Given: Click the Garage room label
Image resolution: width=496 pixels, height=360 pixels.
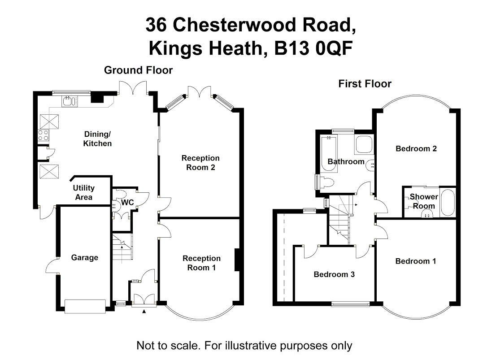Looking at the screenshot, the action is (x=84, y=257).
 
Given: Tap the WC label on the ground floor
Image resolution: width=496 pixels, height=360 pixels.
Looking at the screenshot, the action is (x=127, y=203).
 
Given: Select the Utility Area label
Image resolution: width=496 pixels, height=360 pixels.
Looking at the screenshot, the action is (x=84, y=192).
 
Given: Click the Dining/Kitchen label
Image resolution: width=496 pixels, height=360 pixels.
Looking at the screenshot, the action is (x=97, y=139).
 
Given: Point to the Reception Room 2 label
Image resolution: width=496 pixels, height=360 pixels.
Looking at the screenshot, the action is (x=200, y=163).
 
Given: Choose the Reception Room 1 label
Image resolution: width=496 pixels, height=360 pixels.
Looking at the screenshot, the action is (x=201, y=263).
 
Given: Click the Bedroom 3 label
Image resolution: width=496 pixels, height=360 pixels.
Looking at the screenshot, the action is (x=334, y=274).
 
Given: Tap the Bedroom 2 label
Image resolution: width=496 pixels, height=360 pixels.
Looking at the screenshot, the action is (x=416, y=148).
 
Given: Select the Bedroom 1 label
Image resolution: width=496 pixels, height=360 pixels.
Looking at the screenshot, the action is (x=416, y=261).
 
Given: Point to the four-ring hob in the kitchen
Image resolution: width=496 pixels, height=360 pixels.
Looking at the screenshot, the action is (x=44, y=135).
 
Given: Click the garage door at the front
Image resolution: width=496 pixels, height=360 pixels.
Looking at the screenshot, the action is (x=85, y=306).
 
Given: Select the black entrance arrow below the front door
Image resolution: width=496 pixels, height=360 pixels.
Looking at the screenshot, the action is (x=144, y=312).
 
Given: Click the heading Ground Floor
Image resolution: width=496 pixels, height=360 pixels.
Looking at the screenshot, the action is (x=138, y=70).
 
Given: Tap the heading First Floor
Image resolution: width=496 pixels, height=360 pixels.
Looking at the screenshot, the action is (x=365, y=84).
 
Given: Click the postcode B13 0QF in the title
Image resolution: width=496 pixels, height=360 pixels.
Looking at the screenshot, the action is (x=313, y=49).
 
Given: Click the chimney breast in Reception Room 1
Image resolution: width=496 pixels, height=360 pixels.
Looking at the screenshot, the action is (x=237, y=260).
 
